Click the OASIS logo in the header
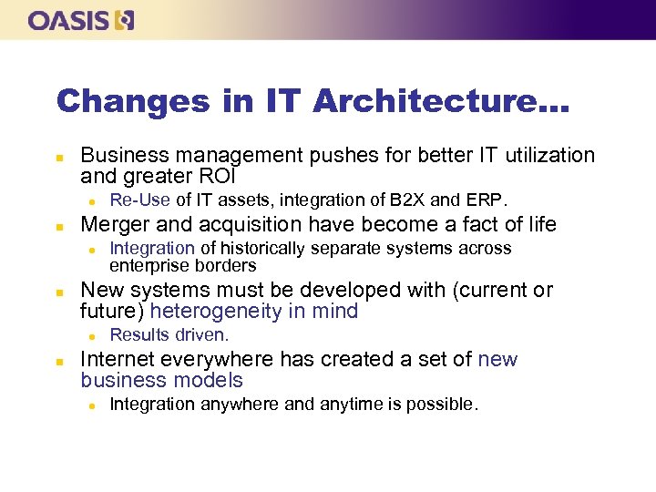coord(81,19)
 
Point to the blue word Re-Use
coord(140,200)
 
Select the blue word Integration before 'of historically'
coord(152,248)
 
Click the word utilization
coord(543,156)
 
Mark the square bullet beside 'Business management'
coord(58,157)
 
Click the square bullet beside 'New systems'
coord(58,292)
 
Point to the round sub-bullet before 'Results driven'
coord(92,336)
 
